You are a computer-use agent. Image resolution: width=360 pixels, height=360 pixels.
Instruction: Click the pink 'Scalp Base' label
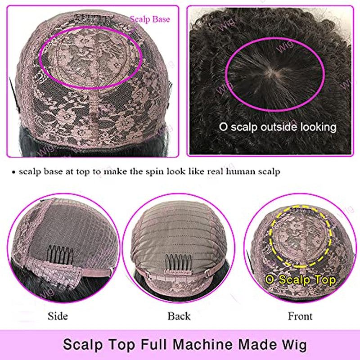point(150,19)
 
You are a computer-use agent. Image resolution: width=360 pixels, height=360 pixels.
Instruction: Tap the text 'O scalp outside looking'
point(278,127)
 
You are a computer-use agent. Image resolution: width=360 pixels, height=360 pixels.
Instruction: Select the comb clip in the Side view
point(60,254)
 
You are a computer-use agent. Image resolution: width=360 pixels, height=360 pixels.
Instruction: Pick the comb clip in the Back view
point(178,263)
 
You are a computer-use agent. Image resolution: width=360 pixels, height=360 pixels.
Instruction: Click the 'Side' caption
point(58,316)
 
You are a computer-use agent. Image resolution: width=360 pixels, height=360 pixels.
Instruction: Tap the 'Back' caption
point(179,316)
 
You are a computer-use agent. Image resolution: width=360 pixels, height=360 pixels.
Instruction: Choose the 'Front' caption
point(300,316)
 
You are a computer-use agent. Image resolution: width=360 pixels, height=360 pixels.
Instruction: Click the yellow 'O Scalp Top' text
point(300,280)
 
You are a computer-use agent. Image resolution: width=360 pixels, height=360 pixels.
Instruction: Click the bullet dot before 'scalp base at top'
point(14,172)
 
